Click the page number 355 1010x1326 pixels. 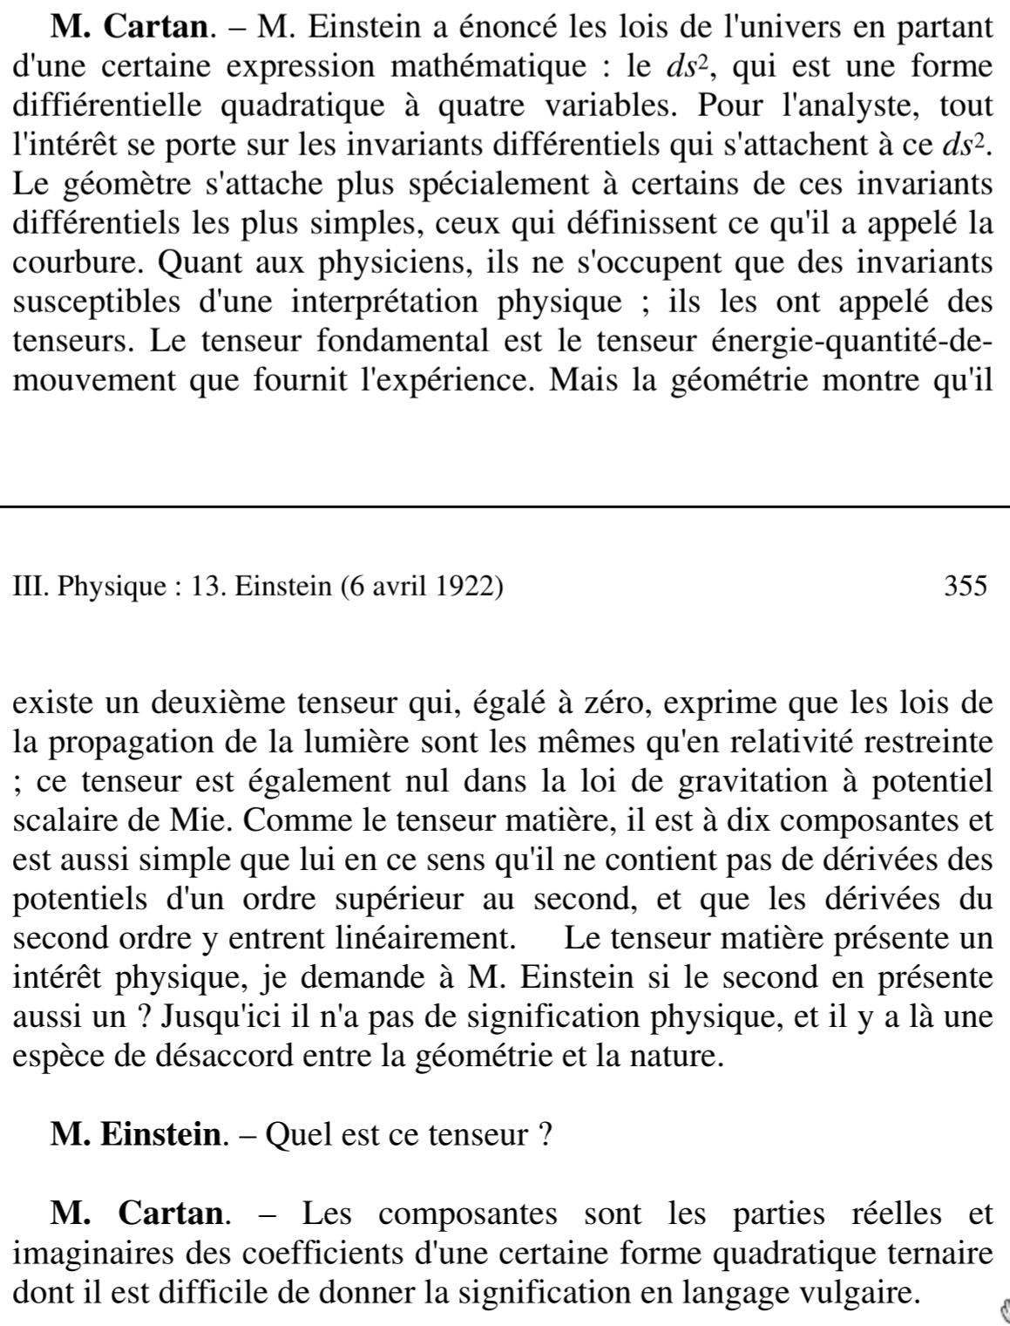pyautogui.click(x=966, y=585)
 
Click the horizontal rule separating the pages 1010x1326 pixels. pyautogui.click(x=505, y=505)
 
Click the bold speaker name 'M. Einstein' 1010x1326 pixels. pyautogui.click(x=136, y=1135)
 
